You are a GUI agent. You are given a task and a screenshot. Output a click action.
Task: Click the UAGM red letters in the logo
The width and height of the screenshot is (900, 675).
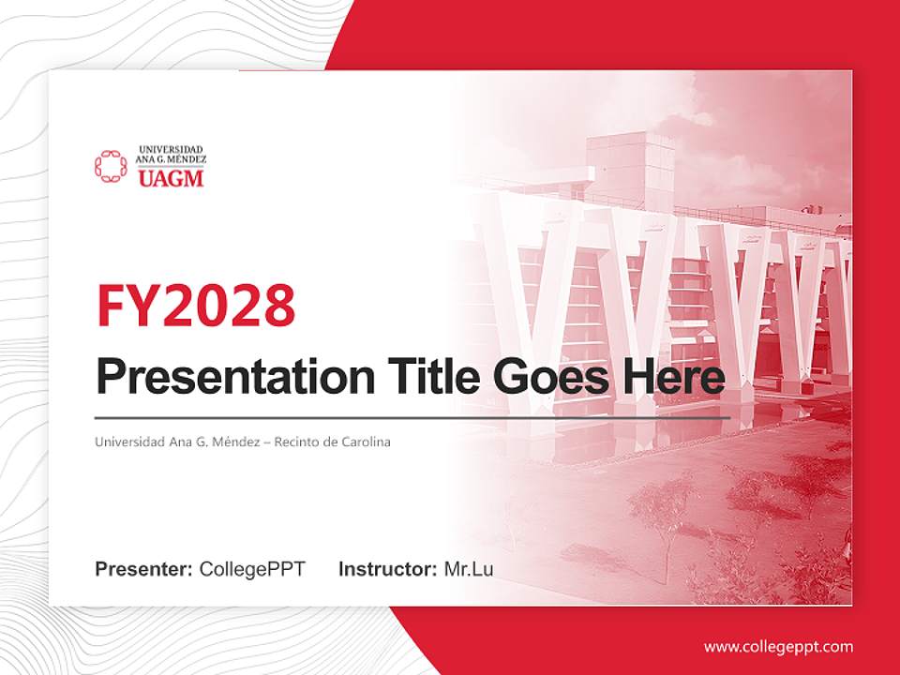(171, 178)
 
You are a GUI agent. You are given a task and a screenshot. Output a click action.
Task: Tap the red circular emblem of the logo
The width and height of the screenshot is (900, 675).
(111, 166)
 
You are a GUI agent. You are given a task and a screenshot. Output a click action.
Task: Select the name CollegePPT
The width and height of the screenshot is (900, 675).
(252, 569)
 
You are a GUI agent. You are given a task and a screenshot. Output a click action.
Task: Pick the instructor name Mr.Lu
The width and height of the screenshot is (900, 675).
(469, 569)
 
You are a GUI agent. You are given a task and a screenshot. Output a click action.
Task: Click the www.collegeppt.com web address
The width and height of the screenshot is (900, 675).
(778, 646)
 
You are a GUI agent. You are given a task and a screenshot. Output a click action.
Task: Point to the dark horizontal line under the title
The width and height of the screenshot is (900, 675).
(412, 417)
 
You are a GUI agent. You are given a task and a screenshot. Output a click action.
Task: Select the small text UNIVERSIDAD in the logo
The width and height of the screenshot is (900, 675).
(171, 149)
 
